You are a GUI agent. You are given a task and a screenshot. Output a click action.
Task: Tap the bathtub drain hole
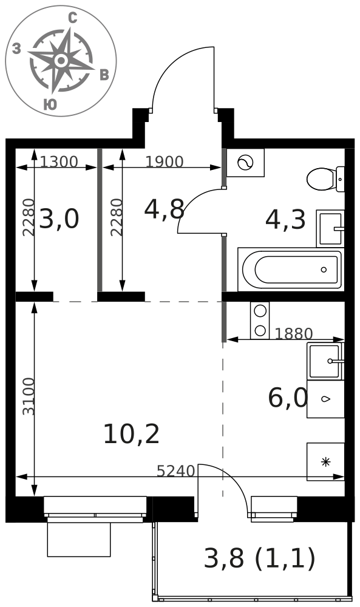coord(324,270)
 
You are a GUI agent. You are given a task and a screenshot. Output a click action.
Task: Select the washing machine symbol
coord(245,163)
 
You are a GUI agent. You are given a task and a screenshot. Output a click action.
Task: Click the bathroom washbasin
coord(330,228)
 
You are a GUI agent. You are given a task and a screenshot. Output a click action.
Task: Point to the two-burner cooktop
coord(260,320)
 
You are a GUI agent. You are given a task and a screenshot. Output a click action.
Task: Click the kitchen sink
coord(325,361)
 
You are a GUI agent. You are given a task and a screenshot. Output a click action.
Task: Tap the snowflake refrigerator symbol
coord(326,461)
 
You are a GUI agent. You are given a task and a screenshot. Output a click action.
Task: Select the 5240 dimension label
coord(175,471)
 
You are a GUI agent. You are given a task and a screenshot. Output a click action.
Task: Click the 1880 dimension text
coord(293,333)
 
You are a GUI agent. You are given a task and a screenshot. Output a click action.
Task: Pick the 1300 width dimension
coord(59,161)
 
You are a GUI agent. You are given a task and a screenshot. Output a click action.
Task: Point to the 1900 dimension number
coord(164,161)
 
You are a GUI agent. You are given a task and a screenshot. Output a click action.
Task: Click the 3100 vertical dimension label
coord(29,396)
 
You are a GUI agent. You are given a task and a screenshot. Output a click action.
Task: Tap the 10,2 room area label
coord(131,434)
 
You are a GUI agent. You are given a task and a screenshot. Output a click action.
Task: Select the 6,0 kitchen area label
coord(288,398)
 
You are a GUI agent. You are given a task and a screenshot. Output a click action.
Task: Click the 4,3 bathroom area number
coord(285,219)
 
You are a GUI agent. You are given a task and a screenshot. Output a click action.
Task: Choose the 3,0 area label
coord(59,219)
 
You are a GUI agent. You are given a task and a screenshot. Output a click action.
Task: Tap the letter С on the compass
coord(72,18)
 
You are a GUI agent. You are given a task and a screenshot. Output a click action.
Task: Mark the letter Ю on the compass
coord(50,104)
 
